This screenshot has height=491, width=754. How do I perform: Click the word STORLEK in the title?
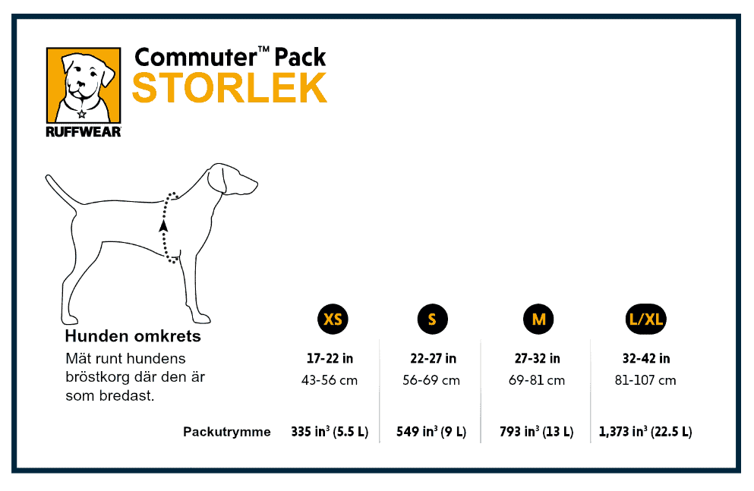click(229, 88)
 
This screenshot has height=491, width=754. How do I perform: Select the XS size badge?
click(333, 319)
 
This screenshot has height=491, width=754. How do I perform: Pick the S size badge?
click(432, 319)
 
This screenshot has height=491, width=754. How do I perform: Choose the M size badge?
click(538, 319)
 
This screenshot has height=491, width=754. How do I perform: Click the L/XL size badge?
click(646, 319)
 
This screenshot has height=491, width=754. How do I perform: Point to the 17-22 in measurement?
click(330, 358)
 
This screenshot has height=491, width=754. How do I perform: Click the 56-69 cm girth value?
click(431, 380)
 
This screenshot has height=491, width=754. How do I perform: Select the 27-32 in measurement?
click(537, 358)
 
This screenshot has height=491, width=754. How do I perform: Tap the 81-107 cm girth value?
click(645, 380)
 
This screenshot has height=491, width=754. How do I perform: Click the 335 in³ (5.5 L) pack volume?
click(330, 432)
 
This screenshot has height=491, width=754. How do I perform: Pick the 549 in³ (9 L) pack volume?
click(431, 432)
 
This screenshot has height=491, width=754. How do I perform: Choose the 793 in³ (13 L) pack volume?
click(537, 432)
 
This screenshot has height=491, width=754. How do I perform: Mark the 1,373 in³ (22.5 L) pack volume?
click(645, 432)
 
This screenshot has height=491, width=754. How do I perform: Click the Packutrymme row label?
click(226, 432)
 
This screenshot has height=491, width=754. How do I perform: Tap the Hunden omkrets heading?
click(133, 335)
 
